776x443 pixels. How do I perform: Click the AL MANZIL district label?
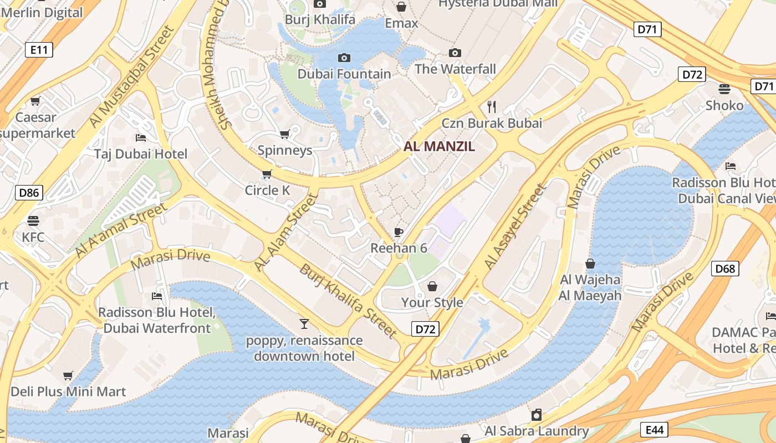coord(440,147)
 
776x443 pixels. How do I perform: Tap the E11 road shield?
coord(39,50)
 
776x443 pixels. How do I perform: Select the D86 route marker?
coord(29,193)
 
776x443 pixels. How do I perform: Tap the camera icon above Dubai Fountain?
coord(344,58)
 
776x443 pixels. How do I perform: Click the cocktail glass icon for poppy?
coord(304,324)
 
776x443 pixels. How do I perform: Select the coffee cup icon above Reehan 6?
coord(398,232)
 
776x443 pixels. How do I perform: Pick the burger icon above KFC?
coord(33,221)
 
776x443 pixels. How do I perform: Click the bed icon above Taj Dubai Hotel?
coord(141,137)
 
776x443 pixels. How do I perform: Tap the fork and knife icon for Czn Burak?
coord(491,106)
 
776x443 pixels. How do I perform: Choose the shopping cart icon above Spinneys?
coord(285,134)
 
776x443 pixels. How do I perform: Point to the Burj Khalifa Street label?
coord(348,301)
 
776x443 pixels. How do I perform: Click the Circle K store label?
coord(268,190)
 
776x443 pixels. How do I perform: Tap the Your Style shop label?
coord(432,302)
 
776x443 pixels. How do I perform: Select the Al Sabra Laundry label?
coord(537,431)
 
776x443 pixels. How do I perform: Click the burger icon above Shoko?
coord(724,89)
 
